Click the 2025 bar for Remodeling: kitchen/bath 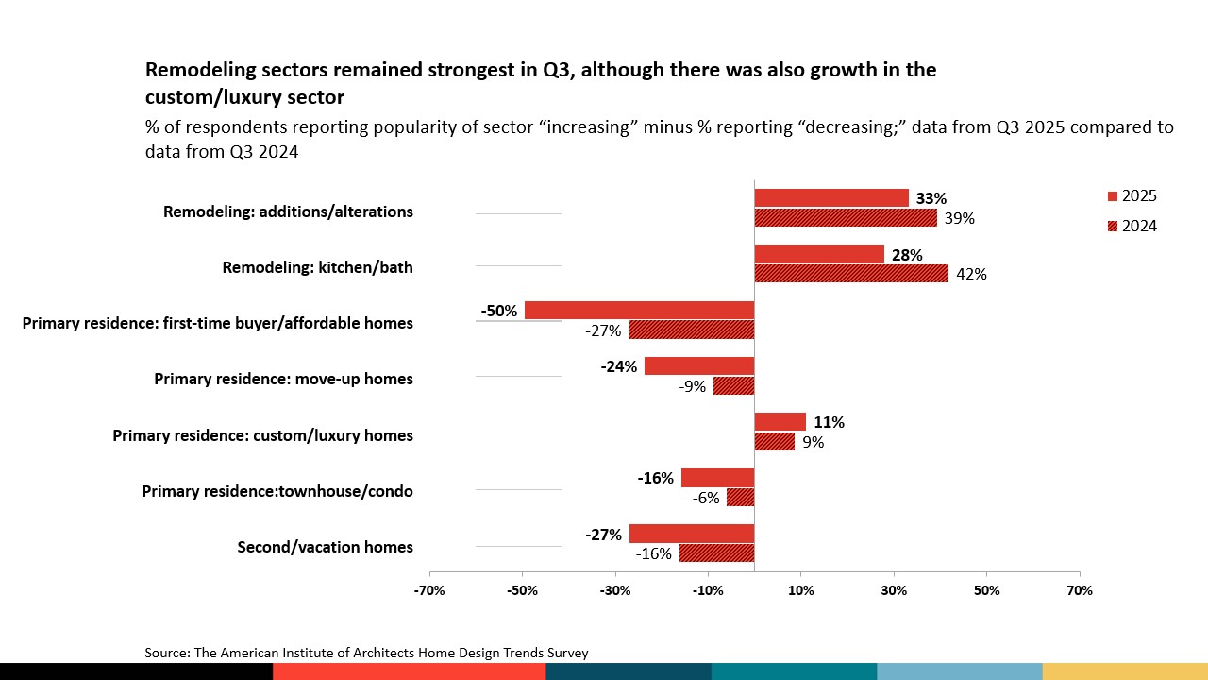819,254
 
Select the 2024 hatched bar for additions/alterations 846,218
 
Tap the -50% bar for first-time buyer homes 639,310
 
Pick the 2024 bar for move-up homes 733,386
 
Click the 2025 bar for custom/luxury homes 780,422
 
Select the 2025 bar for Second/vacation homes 692,534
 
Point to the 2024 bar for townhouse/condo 740,498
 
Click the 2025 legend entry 1132,196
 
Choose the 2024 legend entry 1132,226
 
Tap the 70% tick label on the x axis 1080,590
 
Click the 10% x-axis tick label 800,590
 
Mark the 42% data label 972,275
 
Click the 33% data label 931,199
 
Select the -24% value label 618,366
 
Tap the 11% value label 829,422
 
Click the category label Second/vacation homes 325,547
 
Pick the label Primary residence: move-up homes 283,379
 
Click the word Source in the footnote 166,653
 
